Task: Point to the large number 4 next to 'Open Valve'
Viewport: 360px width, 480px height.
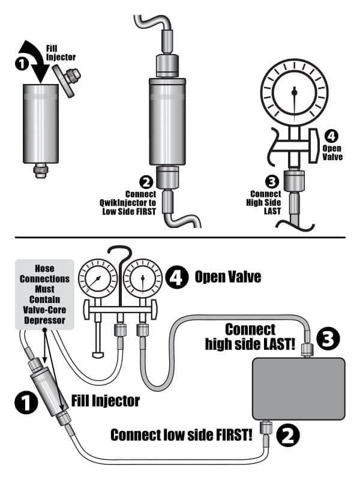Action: pyautogui.click(x=178, y=278)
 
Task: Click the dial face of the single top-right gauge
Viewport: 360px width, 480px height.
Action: pyautogui.click(x=294, y=92)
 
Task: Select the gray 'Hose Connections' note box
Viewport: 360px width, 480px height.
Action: pyautogui.click(x=44, y=294)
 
